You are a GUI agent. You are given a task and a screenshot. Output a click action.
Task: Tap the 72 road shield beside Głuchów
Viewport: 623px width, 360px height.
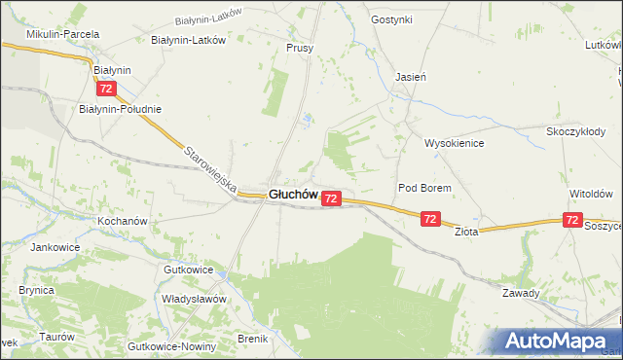(331, 198)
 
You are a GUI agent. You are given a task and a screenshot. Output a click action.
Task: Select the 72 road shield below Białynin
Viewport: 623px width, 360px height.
(107, 89)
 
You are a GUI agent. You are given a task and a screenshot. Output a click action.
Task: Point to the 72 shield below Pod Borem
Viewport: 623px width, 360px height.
(430, 220)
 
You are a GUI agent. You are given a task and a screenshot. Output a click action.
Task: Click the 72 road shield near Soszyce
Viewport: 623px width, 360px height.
(574, 222)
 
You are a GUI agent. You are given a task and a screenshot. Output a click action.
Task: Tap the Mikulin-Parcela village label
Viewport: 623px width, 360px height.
(63, 34)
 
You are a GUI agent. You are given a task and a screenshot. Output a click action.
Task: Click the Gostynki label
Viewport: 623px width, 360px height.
(392, 19)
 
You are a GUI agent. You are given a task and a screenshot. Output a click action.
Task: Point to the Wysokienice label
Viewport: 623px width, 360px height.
(454, 143)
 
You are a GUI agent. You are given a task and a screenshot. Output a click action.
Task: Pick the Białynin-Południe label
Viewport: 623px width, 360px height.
(120, 109)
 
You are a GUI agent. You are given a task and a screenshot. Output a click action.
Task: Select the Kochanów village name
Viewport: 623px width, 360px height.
(122, 221)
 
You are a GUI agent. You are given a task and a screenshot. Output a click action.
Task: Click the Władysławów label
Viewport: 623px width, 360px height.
(194, 299)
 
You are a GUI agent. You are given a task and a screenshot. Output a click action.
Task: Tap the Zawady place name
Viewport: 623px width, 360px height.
(521, 293)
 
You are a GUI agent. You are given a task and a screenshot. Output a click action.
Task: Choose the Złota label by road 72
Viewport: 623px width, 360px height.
(466, 232)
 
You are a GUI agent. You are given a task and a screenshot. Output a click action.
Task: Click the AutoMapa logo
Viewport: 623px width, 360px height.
(561, 342)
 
